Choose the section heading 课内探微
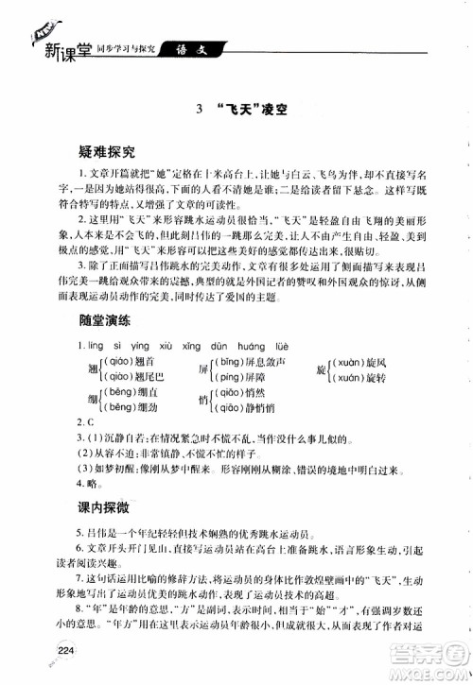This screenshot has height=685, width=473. point(106,507)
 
